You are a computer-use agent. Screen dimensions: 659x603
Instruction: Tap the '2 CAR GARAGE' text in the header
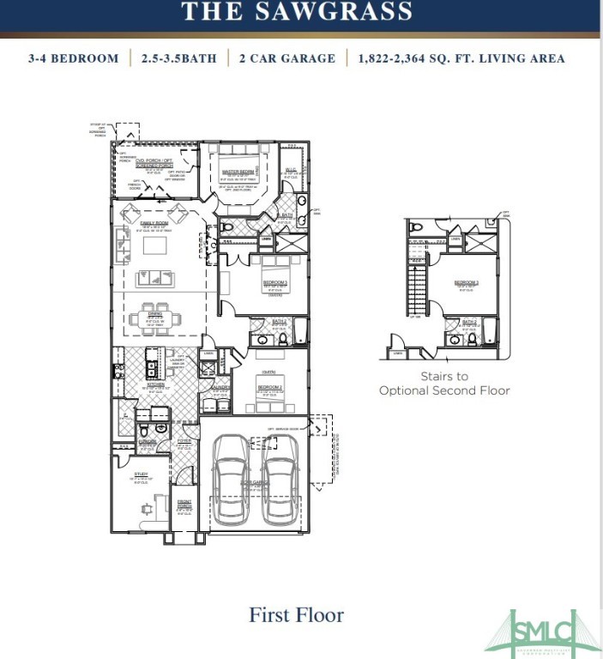pyautogui.click(x=287, y=58)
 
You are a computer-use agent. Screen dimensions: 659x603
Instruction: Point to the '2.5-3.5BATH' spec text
pyautogui.click(x=179, y=58)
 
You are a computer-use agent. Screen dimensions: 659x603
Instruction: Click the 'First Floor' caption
pyautogui.click(x=296, y=614)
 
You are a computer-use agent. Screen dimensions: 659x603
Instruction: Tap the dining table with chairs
pyautogui.click(x=155, y=319)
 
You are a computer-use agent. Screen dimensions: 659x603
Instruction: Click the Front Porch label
pyautogui.click(x=184, y=505)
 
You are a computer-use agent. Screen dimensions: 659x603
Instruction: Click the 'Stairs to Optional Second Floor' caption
pyautogui.click(x=444, y=383)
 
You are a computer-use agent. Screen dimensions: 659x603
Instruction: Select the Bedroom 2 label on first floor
pyautogui.click(x=268, y=387)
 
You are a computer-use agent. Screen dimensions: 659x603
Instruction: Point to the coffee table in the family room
pyautogui.click(x=154, y=247)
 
